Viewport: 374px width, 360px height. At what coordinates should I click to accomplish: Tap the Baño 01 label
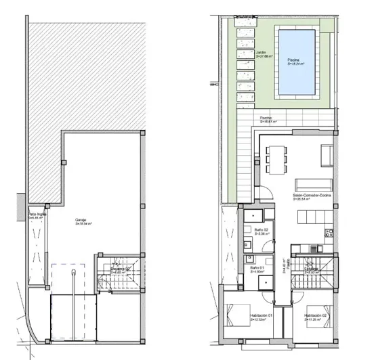[257, 269]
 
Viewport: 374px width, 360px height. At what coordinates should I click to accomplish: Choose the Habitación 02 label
[316, 316]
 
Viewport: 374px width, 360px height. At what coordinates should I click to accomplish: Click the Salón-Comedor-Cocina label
[311, 197]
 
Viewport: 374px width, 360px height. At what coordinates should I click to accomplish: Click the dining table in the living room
[274, 160]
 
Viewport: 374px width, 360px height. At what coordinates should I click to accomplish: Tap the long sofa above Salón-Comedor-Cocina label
[312, 185]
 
